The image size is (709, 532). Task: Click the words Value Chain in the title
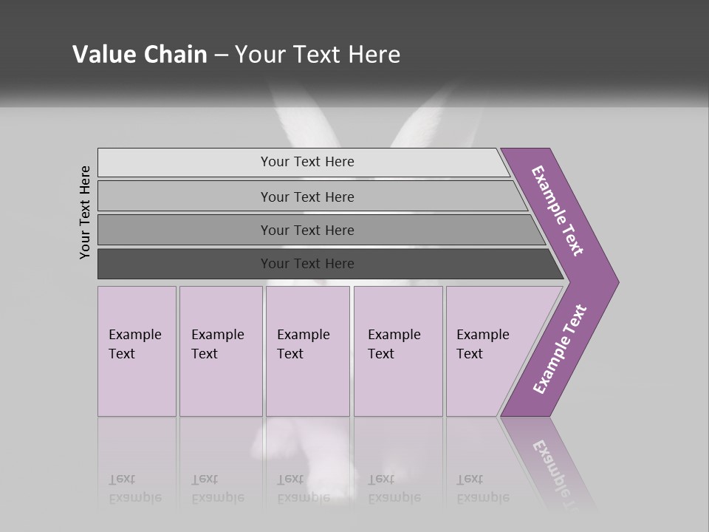[140, 55]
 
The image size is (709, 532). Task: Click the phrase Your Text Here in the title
[318, 55]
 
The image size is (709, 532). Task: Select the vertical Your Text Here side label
[85, 212]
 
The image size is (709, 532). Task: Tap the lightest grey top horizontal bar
[185, 163]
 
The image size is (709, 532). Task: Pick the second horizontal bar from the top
[185, 197]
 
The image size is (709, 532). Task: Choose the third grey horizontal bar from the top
[185, 230]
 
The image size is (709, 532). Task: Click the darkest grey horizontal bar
[185, 264]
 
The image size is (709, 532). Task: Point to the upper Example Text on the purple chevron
[558, 211]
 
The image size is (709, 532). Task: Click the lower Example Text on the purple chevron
[559, 349]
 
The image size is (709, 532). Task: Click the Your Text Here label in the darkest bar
[307, 264]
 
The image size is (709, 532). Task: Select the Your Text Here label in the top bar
[307, 162]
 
